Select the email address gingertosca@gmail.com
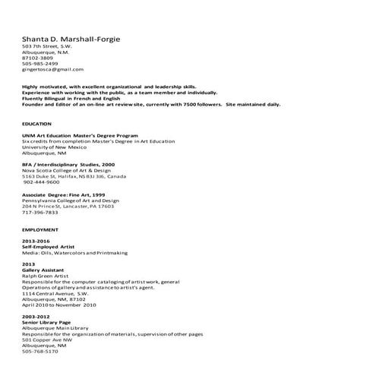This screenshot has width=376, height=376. point(52,69)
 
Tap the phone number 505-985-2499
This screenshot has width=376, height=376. point(39,63)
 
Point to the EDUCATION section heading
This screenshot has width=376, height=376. point(36,123)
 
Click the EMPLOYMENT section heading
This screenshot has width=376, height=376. point(39,229)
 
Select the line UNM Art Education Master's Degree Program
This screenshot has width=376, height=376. point(77,135)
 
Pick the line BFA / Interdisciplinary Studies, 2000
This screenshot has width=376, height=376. point(68,164)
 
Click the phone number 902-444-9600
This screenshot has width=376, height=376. point(41,182)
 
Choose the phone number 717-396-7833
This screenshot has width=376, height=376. point(39,212)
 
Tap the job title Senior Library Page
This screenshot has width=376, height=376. point(46,322)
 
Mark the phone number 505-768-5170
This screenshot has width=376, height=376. point(39,352)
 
